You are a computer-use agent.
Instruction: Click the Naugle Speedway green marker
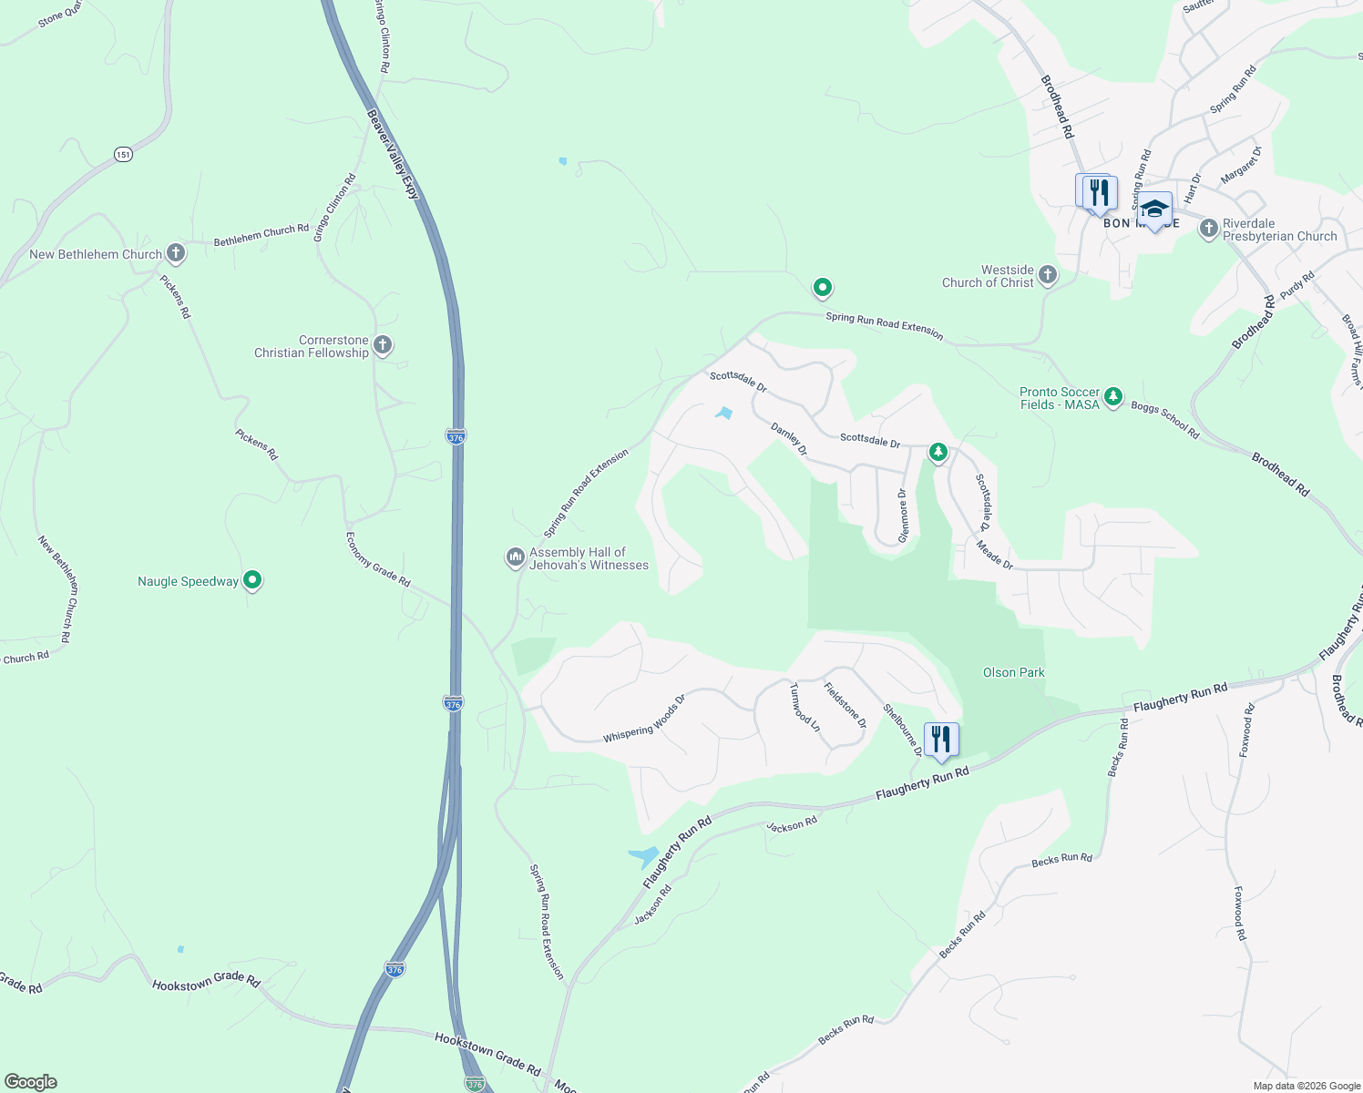252,580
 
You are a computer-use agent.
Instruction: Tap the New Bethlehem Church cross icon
176,253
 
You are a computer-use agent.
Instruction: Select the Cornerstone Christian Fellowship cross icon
383,344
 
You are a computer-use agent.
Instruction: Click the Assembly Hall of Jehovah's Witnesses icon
515,557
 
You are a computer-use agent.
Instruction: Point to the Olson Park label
1013,672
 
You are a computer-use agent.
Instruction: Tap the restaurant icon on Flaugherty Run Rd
940,739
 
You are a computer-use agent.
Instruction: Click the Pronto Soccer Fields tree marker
1112,397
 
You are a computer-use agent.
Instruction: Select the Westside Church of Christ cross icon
1048,274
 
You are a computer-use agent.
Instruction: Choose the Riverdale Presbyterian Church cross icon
1208,228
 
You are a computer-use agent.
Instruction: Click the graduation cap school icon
1154,209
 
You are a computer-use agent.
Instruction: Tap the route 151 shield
124,154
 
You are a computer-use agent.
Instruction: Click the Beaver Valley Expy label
393,154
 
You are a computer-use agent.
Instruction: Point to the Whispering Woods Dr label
643,720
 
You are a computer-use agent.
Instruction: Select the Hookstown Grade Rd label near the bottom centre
487,1054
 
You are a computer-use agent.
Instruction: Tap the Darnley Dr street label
789,438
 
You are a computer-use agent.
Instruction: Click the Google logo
31,1082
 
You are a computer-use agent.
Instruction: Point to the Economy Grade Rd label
377,559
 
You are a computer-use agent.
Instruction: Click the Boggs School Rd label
1165,421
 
